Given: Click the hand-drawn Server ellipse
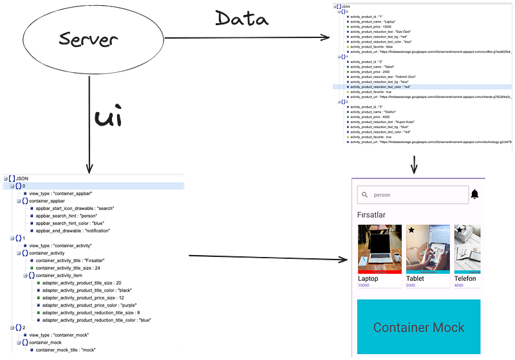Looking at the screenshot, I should tap(86, 40).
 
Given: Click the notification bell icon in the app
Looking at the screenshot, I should tap(475, 194).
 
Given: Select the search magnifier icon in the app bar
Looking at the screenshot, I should tap(365, 194).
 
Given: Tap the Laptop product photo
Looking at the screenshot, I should tap(380, 249).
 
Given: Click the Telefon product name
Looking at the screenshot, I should tap(465, 278).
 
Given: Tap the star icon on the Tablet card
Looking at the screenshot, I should tap(412, 230).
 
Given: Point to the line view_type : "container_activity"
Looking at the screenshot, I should tap(61, 245).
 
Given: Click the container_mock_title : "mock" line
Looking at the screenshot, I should tap(66, 350).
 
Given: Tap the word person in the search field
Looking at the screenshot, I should tap(382, 194).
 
